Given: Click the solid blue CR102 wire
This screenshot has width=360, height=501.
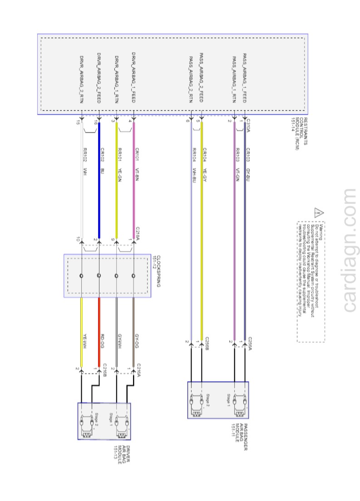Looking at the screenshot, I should coord(99,182).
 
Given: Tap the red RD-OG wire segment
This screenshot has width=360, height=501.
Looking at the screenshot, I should coord(99,331).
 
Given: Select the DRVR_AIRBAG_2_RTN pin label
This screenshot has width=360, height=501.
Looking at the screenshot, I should coord(81,80).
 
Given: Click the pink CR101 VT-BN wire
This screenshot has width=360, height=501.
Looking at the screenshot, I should coord(133,182).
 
